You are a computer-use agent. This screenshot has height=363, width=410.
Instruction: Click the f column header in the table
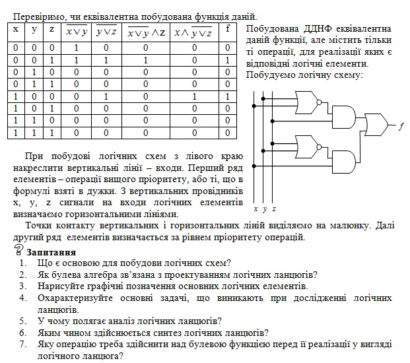(228, 29)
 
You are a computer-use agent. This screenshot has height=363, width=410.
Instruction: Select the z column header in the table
(51, 29)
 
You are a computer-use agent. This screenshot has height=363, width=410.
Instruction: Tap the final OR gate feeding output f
(376, 125)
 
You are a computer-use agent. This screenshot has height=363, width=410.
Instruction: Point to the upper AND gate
(344, 117)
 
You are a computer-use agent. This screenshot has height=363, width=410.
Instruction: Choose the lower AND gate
(344, 162)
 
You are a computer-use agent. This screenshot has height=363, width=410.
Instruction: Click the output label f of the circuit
(401, 127)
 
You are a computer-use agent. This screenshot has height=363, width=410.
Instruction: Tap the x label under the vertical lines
(256, 209)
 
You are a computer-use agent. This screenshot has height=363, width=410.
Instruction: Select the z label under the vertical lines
(274, 209)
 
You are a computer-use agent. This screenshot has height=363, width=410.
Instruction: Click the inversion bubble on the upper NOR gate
(319, 102)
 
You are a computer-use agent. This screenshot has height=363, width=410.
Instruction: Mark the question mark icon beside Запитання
(18, 250)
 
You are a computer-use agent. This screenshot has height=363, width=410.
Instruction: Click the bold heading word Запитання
(51, 253)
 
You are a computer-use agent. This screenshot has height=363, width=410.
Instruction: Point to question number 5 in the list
(23, 321)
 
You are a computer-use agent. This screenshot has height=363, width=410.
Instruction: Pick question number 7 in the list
(23, 344)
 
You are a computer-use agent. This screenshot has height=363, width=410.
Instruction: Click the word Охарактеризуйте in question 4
(75, 298)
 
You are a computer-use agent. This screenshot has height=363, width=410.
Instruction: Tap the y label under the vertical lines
(265, 209)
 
